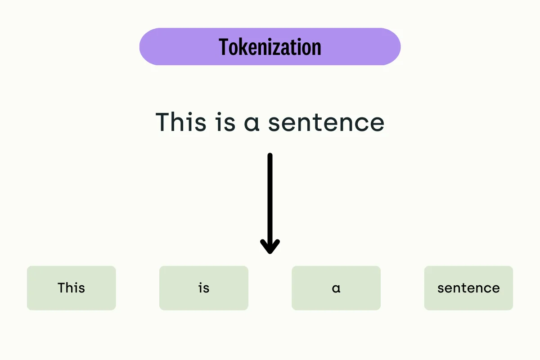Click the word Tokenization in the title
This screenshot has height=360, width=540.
[x=270, y=47]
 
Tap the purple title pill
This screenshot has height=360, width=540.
[x=171, y=47]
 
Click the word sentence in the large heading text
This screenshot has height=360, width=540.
[x=326, y=122]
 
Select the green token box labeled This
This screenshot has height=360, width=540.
[x=72, y=288]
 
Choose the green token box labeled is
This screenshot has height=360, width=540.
[x=204, y=288]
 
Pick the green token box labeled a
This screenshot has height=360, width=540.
[x=336, y=288]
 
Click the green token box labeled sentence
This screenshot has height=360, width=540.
[x=468, y=288]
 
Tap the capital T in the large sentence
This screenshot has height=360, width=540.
[x=163, y=122]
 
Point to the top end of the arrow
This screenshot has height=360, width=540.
[x=270, y=156]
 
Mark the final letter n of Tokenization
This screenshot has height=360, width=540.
[x=317, y=48]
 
